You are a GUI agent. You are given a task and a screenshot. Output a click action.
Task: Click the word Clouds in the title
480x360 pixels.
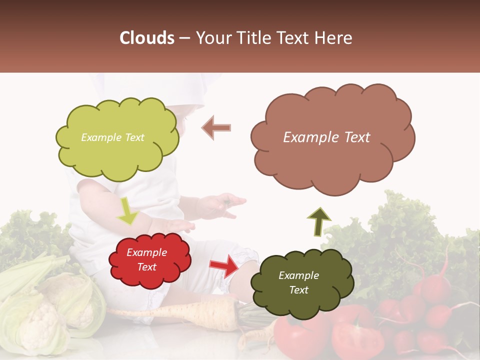click(147, 38)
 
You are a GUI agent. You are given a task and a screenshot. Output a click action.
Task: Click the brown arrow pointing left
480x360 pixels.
click(216, 127)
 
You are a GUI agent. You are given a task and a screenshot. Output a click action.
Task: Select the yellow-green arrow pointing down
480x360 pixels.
click(128, 210)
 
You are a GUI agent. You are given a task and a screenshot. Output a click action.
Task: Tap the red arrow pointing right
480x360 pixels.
click(224, 265)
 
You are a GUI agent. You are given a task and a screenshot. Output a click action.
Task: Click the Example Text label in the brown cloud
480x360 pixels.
click(326, 137)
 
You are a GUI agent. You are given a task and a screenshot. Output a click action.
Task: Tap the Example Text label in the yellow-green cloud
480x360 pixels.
click(112, 137)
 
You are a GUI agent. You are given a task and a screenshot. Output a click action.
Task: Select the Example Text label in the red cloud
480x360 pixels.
click(146, 260)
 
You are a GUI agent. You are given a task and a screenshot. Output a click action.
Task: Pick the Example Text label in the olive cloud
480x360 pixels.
click(298, 282)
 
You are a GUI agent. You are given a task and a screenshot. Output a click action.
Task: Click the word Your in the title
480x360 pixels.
click(212, 38)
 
